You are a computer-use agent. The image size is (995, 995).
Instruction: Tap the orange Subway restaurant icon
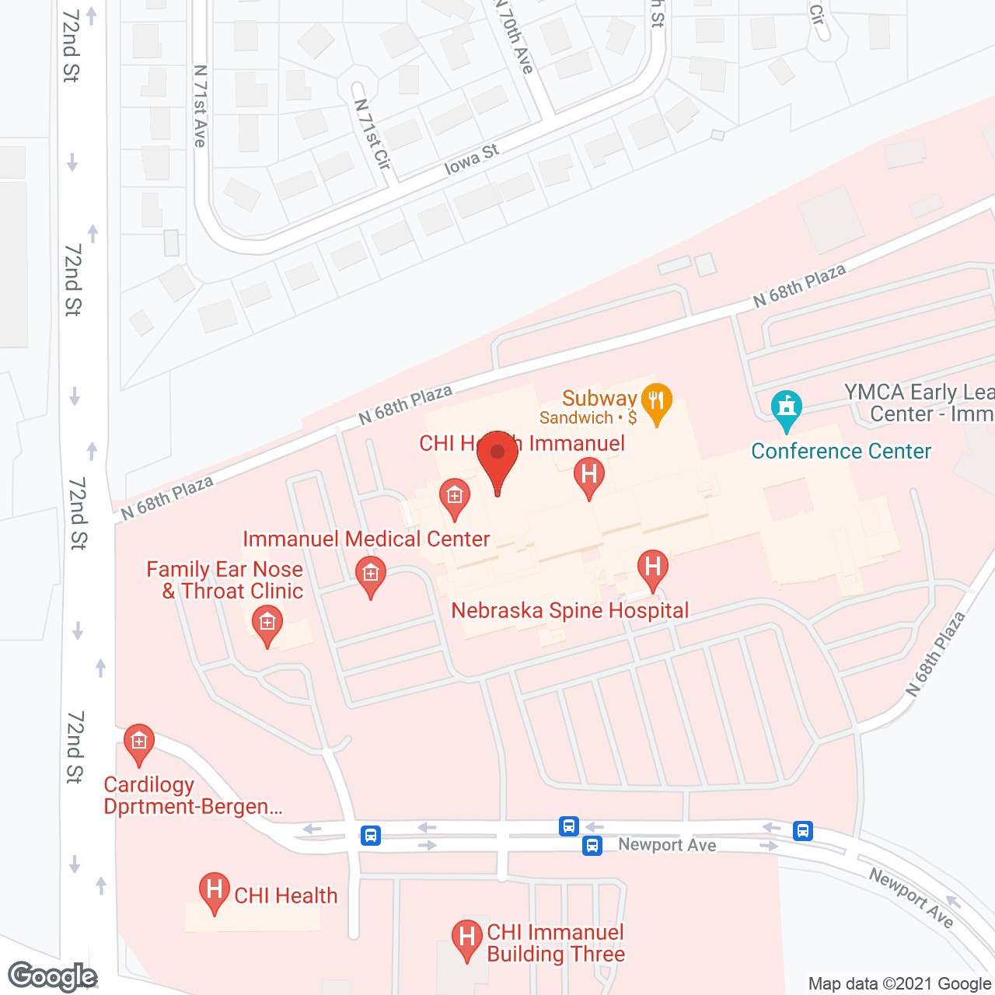point(657,402)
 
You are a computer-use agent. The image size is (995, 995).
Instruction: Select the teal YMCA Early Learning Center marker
point(787,410)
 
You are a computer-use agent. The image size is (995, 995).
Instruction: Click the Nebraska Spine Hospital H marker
point(653,568)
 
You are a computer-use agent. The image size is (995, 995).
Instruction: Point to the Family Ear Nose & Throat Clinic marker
point(267,624)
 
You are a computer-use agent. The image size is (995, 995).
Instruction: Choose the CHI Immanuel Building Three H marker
point(466,938)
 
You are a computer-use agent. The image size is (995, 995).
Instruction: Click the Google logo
point(53,976)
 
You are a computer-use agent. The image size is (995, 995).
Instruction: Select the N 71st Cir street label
point(372,134)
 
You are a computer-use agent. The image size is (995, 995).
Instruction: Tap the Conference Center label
point(840,452)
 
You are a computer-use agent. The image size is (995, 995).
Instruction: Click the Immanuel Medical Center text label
point(366,539)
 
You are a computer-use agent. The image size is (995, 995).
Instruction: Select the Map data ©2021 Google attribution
point(900,983)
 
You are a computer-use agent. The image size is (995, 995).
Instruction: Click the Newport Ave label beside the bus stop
point(667,845)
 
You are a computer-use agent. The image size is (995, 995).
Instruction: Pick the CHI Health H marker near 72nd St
point(214,892)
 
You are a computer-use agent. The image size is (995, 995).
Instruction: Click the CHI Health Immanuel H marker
point(589,476)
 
